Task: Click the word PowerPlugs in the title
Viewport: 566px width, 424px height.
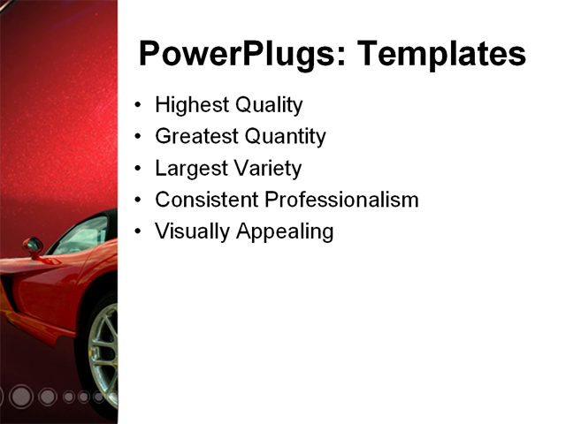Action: (x=233, y=55)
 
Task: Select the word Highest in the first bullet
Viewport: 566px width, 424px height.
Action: (x=191, y=105)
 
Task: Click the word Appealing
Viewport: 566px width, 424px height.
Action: (x=283, y=232)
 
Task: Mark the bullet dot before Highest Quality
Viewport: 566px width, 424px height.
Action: (x=137, y=105)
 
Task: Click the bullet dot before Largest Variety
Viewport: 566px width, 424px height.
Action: (x=137, y=169)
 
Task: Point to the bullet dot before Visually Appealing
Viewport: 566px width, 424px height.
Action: (x=137, y=232)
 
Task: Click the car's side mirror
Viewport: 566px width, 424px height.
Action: (x=33, y=246)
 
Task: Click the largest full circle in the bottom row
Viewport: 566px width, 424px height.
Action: (x=21, y=397)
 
